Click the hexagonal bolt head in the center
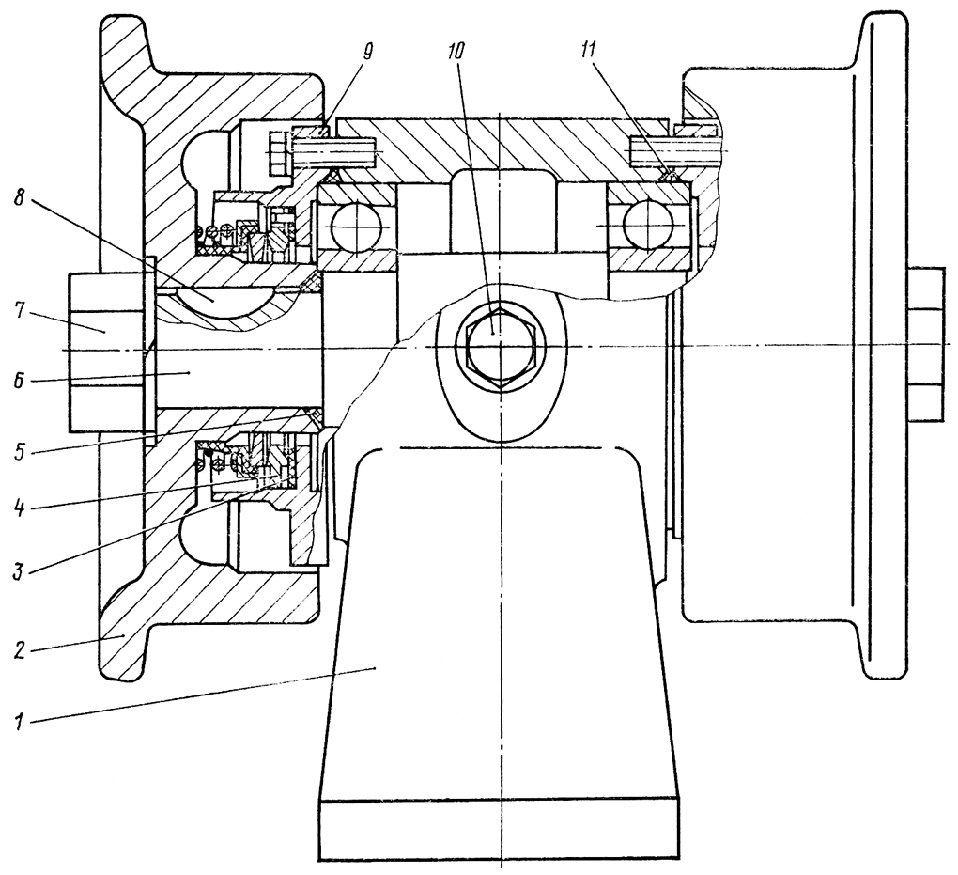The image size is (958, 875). tap(497, 348)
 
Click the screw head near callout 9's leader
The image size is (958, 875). tap(278, 148)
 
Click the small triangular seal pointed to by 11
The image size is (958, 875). tap(668, 175)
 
